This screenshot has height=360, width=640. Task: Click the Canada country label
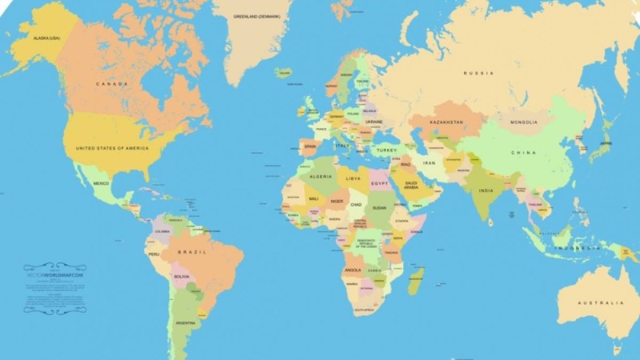tap(113, 84)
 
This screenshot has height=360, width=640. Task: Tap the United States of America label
tap(112, 149)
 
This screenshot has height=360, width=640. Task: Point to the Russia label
tap(478, 74)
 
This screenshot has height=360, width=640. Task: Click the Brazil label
tap(196, 252)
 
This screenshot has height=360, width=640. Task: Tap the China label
tap(523, 152)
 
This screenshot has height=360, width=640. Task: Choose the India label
tap(486, 190)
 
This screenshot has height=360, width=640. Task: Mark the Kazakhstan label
tap(446, 122)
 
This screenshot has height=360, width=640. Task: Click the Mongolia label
tap(524, 122)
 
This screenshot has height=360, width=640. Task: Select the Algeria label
tap(320, 176)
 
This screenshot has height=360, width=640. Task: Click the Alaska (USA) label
tap(46, 38)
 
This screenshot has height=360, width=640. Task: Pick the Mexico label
tap(101, 184)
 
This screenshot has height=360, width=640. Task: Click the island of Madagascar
tap(415, 281)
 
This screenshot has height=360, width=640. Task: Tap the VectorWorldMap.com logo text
tap(54, 275)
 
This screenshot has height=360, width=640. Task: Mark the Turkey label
tap(387, 150)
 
